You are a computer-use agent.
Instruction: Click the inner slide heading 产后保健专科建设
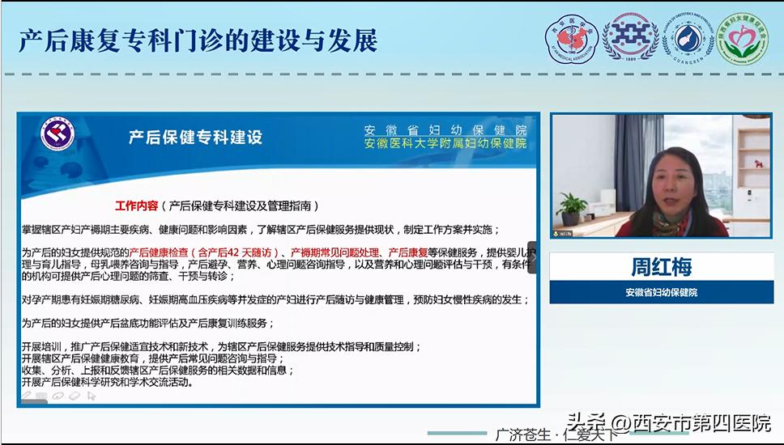pos(195,138)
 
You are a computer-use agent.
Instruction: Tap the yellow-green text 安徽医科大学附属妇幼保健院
pos(445,144)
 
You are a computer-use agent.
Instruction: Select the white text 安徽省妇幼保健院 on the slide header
pos(445,130)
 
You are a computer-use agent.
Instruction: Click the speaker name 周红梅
pos(662,266)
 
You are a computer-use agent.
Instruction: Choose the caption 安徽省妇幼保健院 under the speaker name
pos(661,292)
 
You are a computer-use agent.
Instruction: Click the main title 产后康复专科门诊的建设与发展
pos(198,40)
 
